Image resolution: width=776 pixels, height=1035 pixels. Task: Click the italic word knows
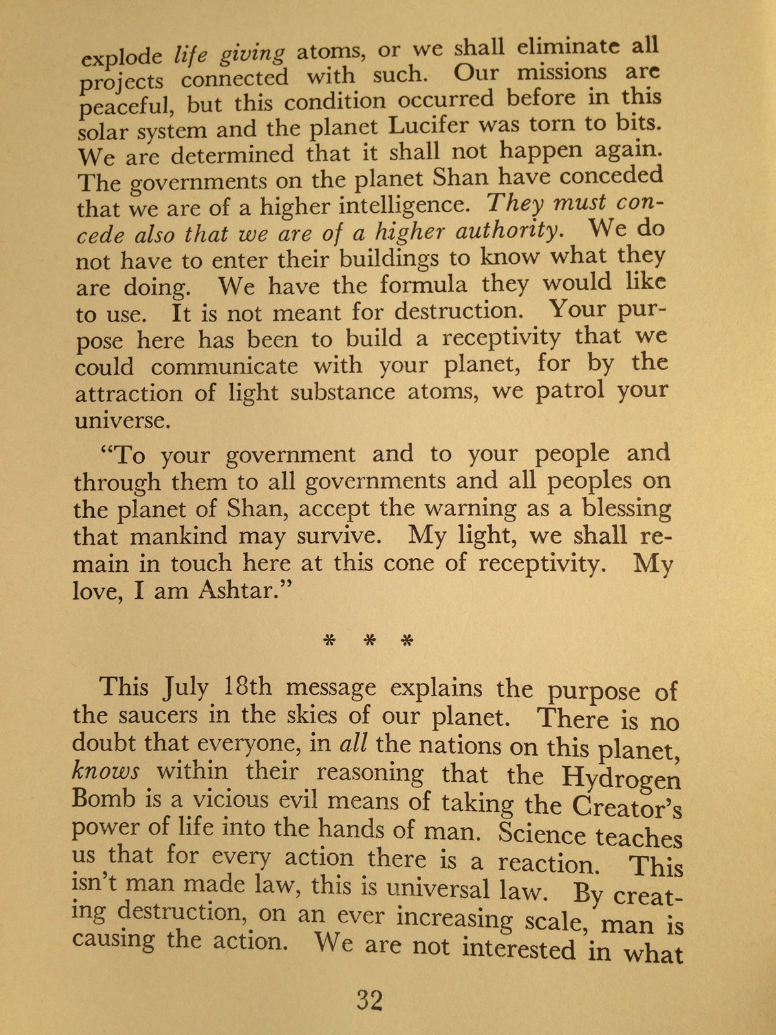click(x=105, y=772)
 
